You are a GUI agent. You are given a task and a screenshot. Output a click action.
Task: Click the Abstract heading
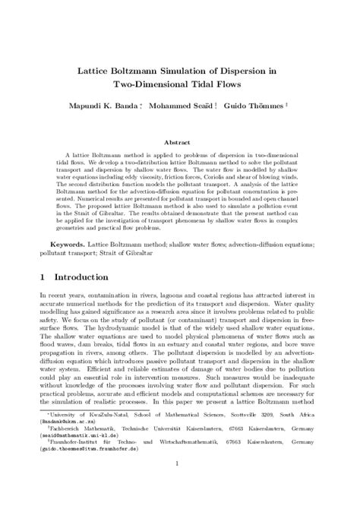(180, 141)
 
